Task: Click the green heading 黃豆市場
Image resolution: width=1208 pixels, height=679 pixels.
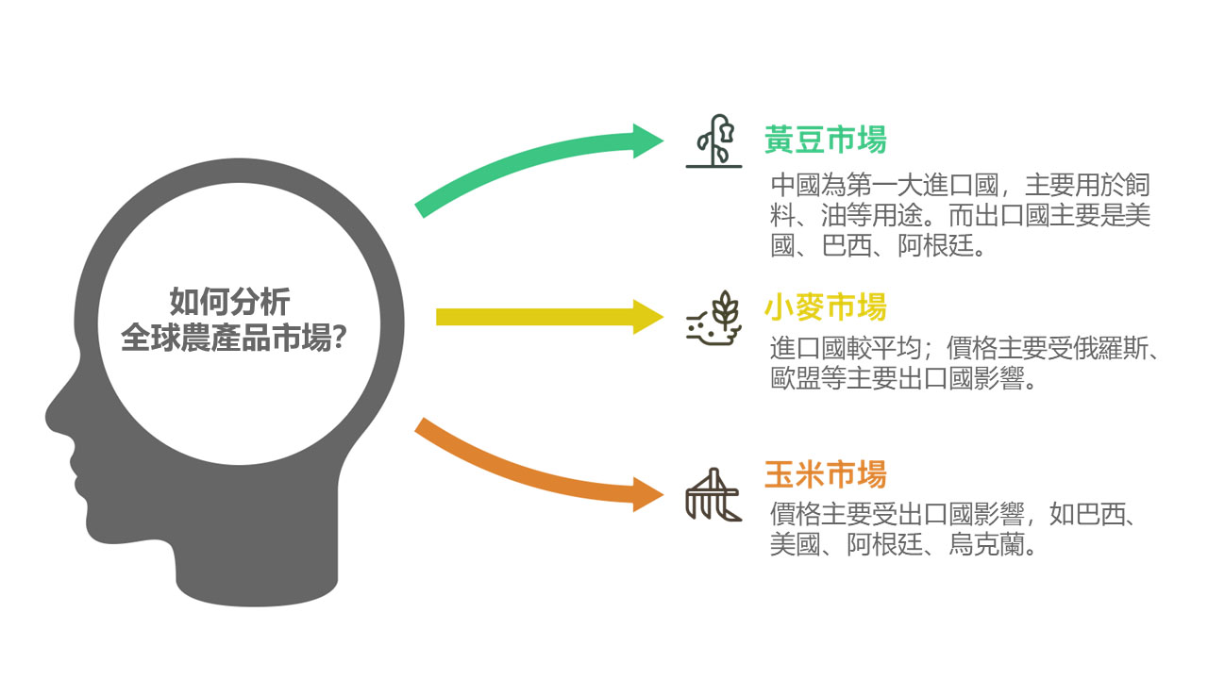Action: pos(826,141)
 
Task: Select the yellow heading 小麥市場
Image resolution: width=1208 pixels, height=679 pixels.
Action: pos(826,306)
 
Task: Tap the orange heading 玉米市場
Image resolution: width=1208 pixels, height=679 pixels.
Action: pos(826,474)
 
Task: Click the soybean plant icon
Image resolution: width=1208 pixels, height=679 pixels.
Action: pos(714,141)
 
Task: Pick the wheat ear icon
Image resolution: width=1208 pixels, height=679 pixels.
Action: pos(713,319)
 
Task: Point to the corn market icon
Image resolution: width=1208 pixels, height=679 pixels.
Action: pos(713,494)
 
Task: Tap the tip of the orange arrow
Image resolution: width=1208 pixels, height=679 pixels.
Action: pos(663,494)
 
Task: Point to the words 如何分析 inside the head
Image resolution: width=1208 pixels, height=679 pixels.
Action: pos(229,301)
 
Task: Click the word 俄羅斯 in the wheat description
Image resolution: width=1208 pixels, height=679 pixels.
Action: pos(1112,348)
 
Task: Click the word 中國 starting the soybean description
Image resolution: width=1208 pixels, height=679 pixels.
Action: pos(796,185)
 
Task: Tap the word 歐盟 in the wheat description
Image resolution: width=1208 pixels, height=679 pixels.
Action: pos(796,378)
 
